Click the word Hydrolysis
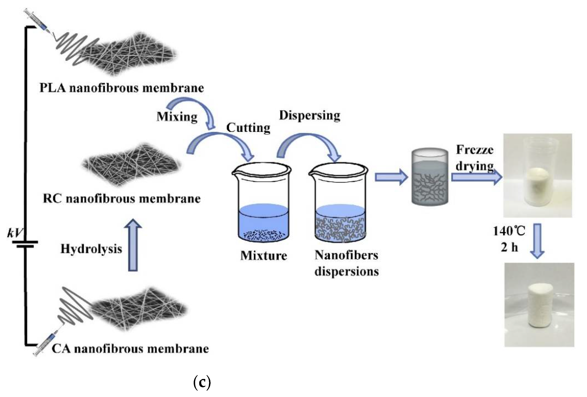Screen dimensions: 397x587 (x=91, y=249)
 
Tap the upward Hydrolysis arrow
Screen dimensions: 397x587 (x=133, y=245)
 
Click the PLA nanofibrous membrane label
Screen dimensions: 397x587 (x=121, y=88)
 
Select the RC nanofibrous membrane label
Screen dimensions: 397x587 (x=121, y=198)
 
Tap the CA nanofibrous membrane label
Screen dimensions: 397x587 (x=130, y=349)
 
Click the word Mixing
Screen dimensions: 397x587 (x=177, y=117)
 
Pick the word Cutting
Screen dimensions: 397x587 (x=248, y=128)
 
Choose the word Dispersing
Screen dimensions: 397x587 (x=309, y=116)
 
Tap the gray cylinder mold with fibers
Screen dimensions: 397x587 (x=430, y=177)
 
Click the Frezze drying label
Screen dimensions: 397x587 (x=474, y=158)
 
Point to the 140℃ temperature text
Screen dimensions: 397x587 (x=509, y=231)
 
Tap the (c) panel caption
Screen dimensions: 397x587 (x=202, y=383)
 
